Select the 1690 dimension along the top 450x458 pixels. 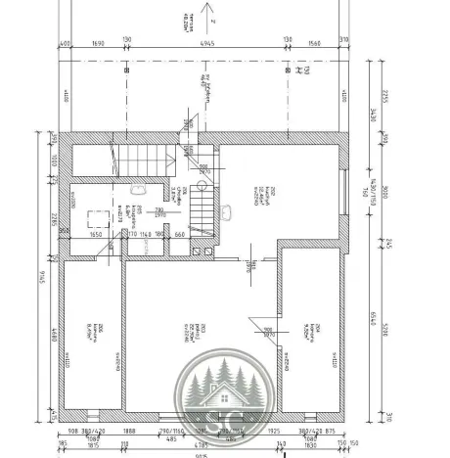tap(98, 43)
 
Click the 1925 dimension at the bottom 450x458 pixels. tap(274, 431)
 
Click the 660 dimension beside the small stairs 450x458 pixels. tap(180, 235)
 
